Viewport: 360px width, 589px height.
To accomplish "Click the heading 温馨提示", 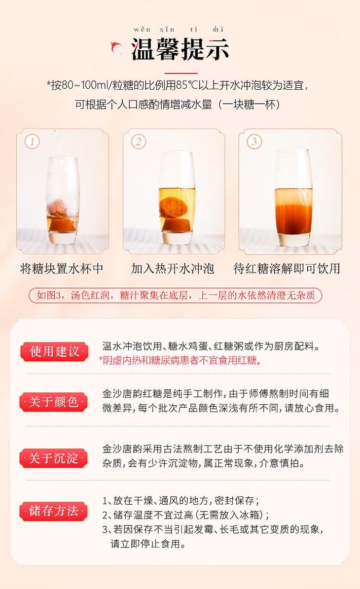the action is pyautogui.click(x=180, y=50).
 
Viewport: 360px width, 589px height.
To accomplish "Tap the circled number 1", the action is pyautogui.click(x=32, y=141).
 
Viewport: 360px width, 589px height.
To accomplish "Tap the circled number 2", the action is pyautogui.click(x=138, y=141).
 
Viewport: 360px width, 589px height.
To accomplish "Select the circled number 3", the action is pyautogui.click(x=254, y=141).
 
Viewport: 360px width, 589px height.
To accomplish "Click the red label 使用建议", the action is pyautogui.click(x=54, y=351).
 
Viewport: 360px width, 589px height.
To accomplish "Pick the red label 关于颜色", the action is pyautogui.click(x=54, y=402).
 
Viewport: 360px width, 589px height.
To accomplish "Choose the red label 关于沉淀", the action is pyautogui.click(x=54, y=458).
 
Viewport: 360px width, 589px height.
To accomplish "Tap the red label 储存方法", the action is pyautogui.click(x=54, y=511).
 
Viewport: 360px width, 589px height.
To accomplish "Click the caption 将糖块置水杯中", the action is pyautogui.click(x=62, y=269).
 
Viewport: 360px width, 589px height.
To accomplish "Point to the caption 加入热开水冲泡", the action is pyautogui.click(x=173, y=269).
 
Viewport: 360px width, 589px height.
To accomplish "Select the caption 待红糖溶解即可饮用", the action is pyautogui.click(x=287, y=269).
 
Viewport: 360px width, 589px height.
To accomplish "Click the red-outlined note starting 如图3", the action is pyautogui.click(x=176, y=295).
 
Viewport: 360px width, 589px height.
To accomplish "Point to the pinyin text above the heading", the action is pyautogui.click(x=179, y=29).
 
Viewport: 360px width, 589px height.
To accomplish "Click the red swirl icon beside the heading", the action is pyautogui.click(x=117, y=48).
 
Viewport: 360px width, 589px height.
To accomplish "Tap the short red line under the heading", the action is pyautogui.click(x=181, y=73).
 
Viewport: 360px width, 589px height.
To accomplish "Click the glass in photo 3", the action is pyautogui.click(x=293, y=197).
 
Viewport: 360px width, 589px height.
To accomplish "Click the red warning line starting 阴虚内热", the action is pyautogui.click(x=180, y=361).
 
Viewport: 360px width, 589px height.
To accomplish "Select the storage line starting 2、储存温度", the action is pyautogui.click(x=185, y=515).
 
